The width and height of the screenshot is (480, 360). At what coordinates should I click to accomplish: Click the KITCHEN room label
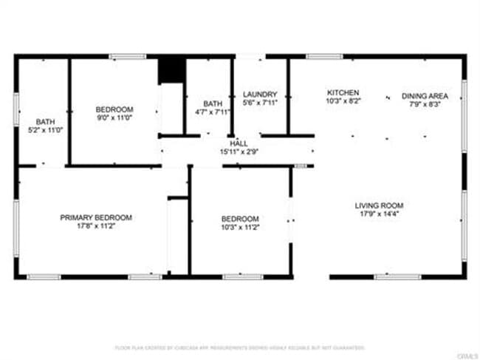(x=343, y=92)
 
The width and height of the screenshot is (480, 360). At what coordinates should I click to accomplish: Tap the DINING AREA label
(x=425, y=96)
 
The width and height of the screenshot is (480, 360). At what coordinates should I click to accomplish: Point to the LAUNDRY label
(x=260, y=95)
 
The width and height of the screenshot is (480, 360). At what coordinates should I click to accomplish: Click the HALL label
(x=239, y=143)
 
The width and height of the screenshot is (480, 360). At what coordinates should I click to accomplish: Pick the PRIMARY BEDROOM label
(x=96, y=217)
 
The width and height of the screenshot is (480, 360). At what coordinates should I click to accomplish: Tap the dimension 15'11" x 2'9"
(x=239, y=152)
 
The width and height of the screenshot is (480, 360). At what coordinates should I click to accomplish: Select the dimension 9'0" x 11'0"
(x=114, y=118)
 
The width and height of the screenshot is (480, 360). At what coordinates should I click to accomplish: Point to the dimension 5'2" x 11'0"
(x=45, y=129)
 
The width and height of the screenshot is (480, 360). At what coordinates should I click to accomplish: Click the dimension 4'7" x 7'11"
(x=213, y=112)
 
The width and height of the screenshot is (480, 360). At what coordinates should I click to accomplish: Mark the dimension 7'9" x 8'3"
(x=425, y=104)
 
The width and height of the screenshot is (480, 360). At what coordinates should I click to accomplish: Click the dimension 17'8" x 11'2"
(x=96, y=225)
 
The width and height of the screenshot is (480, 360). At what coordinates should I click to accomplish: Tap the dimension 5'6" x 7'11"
(x=260, y=103)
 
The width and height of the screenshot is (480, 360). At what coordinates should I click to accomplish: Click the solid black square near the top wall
(x=171, y=69)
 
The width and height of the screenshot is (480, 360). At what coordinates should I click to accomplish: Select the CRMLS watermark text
(x=467, y=356)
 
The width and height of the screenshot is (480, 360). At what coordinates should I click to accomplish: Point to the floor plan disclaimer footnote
(x=240, y=347)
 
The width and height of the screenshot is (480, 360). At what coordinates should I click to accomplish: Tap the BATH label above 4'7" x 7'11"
(x=213, y=103)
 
